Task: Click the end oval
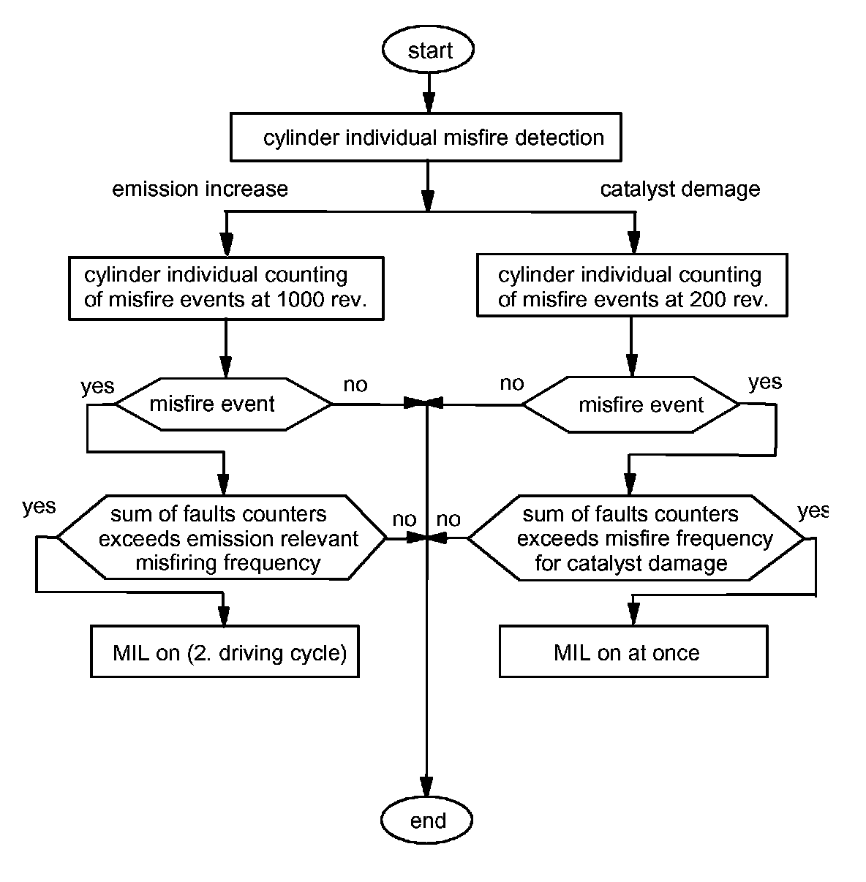[x=427, y=820]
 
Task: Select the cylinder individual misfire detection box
[x=426, y=137]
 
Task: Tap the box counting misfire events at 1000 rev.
[x=225, y=287]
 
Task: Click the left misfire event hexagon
[x=224, y=404]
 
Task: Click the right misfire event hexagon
[x=630, y=404]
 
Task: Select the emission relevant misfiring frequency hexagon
[x=222, y=539]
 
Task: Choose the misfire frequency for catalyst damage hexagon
[x=635, y=539]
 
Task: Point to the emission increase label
[x=200, y=189]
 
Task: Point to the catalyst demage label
[x=679, y=189]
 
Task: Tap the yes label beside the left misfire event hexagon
[x=97, y=385]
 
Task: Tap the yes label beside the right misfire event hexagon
[x=765, y=382]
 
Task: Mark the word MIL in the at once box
[x=572, y=653]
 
